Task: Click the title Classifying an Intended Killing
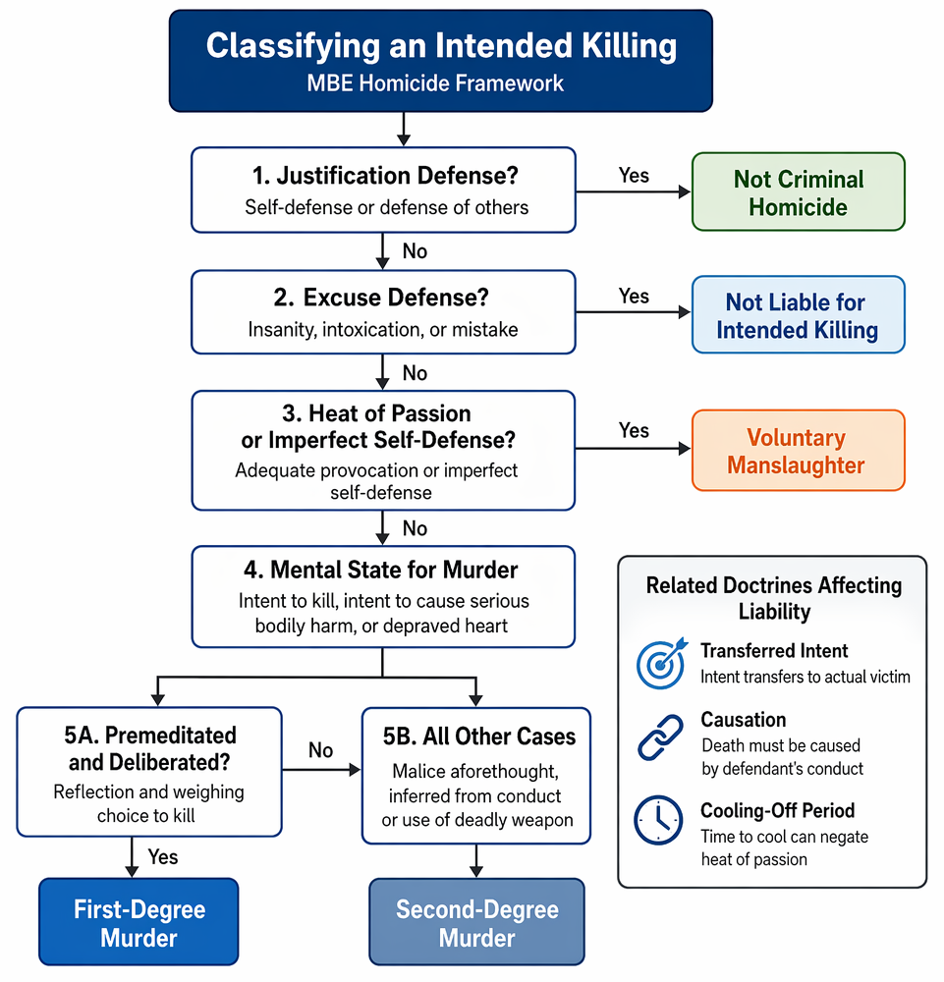(441, 46)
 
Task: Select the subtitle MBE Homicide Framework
(435, 83)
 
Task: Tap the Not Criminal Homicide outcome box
(798, 192)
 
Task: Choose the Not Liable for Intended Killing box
(798, 315)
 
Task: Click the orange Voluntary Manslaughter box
(798, 451)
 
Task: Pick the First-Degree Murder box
(139, 922)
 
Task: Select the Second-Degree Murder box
(476, 922)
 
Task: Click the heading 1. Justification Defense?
(385, 176)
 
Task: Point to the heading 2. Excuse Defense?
(381, 298)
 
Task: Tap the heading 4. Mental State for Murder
(381, 570)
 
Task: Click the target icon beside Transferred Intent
(661, 663)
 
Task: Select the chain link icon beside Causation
(660, 737)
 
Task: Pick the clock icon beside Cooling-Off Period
(658, 820)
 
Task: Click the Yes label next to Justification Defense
(634, 176)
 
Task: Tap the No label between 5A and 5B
(320, 750)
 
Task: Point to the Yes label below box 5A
(163, 856)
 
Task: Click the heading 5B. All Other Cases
(479, 736)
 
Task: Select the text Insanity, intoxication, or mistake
(383, 329)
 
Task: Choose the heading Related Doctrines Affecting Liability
(774, 598)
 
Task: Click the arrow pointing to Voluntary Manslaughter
(633, 449)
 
